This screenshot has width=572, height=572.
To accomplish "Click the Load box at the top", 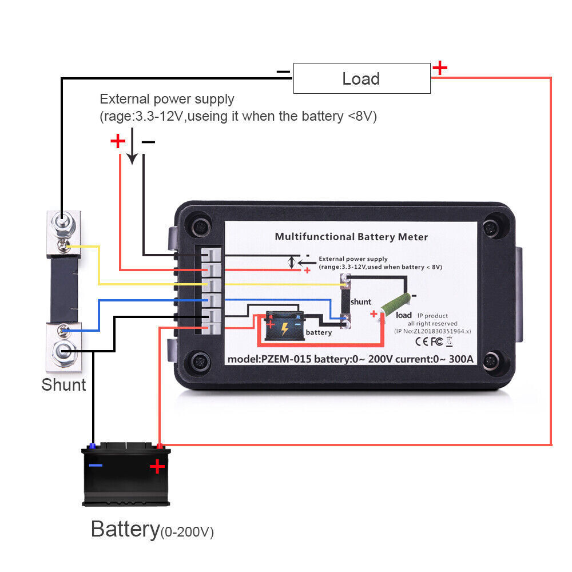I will click(362, 78).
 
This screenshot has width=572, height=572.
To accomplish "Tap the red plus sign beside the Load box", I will click(439, 68).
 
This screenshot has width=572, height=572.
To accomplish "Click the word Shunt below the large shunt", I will click(63, 384).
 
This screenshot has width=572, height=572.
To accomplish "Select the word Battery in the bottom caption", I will click(124, 529).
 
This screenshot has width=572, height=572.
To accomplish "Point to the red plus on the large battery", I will click(157, 467).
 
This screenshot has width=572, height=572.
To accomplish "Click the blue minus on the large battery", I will click(96, 465).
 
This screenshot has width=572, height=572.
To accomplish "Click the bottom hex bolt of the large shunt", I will click(62, 351).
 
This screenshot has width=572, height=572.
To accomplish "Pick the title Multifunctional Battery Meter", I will click(351, 236).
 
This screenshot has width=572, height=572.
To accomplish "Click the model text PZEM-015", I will click(278, 360).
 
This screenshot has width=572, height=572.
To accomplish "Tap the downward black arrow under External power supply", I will click(132, 148).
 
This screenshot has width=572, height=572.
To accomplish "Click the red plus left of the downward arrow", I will click(117, 141).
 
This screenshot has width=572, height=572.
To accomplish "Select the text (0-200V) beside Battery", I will click(186, 533).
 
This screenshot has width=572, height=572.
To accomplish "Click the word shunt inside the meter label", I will click(361, 301).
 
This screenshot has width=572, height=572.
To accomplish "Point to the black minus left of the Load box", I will click(283, 72).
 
